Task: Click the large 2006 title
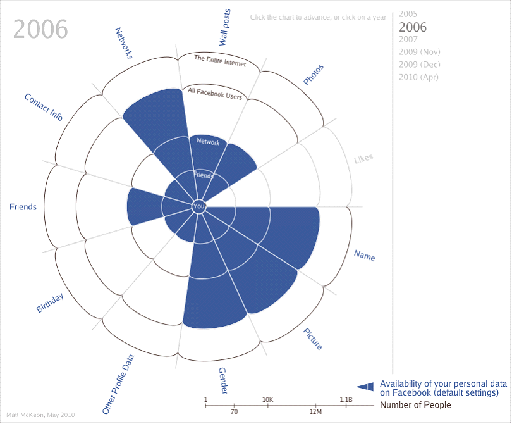(x=40, y=28)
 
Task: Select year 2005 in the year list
(x=408, y=13)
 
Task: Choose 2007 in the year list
(x=408, y=39)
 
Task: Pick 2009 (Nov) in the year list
(x=420, y=52)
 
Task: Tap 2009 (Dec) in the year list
(x=420, y=65)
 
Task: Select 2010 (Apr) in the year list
(x=418, y=77)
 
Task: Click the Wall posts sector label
(x=225, y=27)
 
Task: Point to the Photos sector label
(x=314, y=75)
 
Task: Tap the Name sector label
(x=365, y=255)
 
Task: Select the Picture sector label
(x=312, y=339)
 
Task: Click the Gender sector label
(x=223, y=380)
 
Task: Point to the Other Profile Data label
(x=118, y=384)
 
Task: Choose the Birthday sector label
(x=50, y=303)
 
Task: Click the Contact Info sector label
(x=44, y=107)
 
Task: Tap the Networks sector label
(x=123, y=43)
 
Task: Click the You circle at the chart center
(x=199, y=206)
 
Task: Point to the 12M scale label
(x=315, y=412)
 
